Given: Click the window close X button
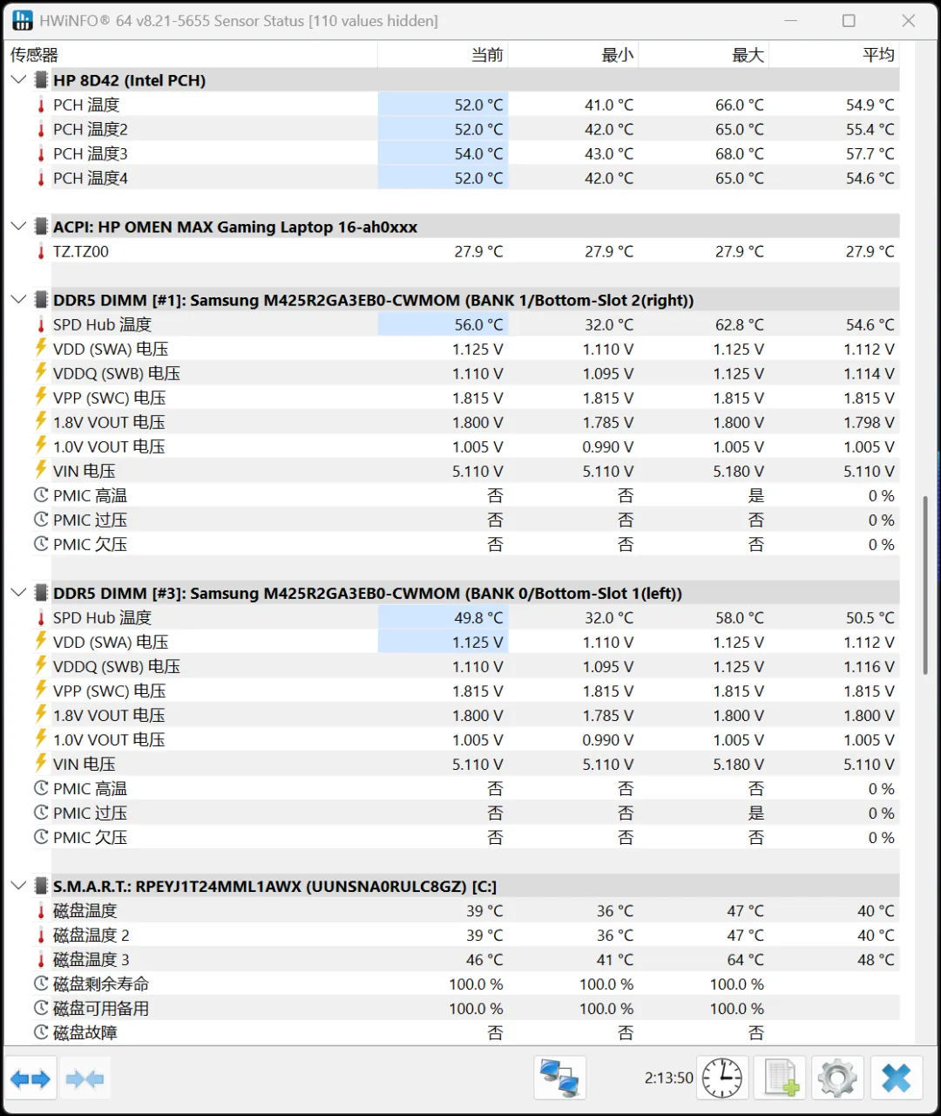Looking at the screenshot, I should (x=908, y=21).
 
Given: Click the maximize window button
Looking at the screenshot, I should (x=849, y=21).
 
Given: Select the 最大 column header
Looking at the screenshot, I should (x=747, y=55).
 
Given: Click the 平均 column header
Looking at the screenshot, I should (x=878, y=55).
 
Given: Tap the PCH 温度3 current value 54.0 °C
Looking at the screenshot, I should (x=478, y=153).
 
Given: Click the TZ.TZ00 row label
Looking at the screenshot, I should (x=81, y=251).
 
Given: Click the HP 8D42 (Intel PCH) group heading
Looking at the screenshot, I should (x=129, y=80).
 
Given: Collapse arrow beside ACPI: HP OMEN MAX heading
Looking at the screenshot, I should (x=18, y=227).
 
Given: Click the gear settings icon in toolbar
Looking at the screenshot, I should (x=837, y=1079).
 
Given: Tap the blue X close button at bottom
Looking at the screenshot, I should (x=896, y=1079).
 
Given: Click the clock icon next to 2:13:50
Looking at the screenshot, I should (x=722, y=1079).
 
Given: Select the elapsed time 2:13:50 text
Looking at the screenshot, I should (x=668, y=1079).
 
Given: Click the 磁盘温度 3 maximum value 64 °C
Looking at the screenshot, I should (x=746, y=959).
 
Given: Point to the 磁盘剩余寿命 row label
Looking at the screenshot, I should (x=101, y=983).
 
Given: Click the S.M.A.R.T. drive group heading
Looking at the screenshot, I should (x=274, y=886).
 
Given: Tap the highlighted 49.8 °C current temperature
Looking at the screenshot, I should (x=478, y=617).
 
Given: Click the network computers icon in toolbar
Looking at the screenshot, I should (x=559, y=1079).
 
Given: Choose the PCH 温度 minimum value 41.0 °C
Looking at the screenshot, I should (x=609, y=105).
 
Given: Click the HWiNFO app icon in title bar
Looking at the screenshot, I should (x=23, y=21).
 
